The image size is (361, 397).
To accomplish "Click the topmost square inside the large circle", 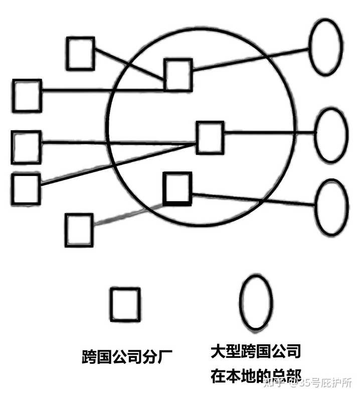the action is pyautogui.click(x=178, y=74).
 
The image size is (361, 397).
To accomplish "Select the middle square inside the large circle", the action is pyautogui.click(x=210, y=137).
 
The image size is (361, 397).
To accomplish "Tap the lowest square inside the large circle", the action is pyautogui.click(x=177, y=188).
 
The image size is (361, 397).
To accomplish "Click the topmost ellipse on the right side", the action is pyautogui.click(x=326, y=47).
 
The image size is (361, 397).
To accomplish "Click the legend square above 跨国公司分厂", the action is pyautogui.click(x=125, y=304).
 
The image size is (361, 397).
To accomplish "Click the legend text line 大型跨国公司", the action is pyautogui.click(x=256, y=351).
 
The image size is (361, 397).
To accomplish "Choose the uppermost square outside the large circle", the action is pyautogui.click(x=80, y=53).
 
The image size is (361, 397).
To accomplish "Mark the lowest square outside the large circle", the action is pyautogui.click(x=79, y=230).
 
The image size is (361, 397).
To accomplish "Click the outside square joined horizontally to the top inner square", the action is pyautogui.click(x=27, y=95).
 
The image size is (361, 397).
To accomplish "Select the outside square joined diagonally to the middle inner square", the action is pyautogui.click(x=25, y=188).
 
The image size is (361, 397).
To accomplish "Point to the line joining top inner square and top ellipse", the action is pyautogui.click(x=251, y=60).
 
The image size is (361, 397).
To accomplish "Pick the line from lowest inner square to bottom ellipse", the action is pyautogui.click(x=253, y=199).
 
